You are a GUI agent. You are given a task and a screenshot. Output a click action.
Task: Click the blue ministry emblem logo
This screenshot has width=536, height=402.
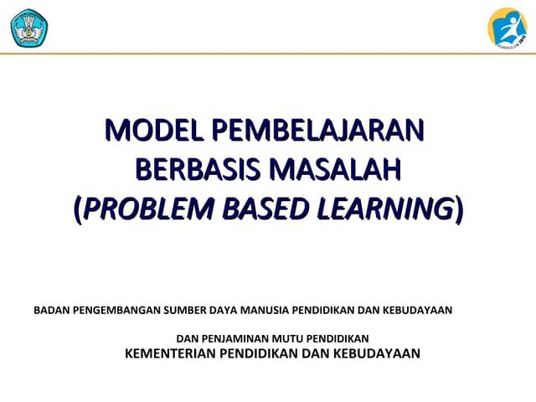point(28,27)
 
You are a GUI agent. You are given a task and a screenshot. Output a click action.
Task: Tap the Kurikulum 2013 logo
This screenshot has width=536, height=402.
point(507,27)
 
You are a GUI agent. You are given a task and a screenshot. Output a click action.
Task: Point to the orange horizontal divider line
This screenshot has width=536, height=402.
point(268,54)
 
